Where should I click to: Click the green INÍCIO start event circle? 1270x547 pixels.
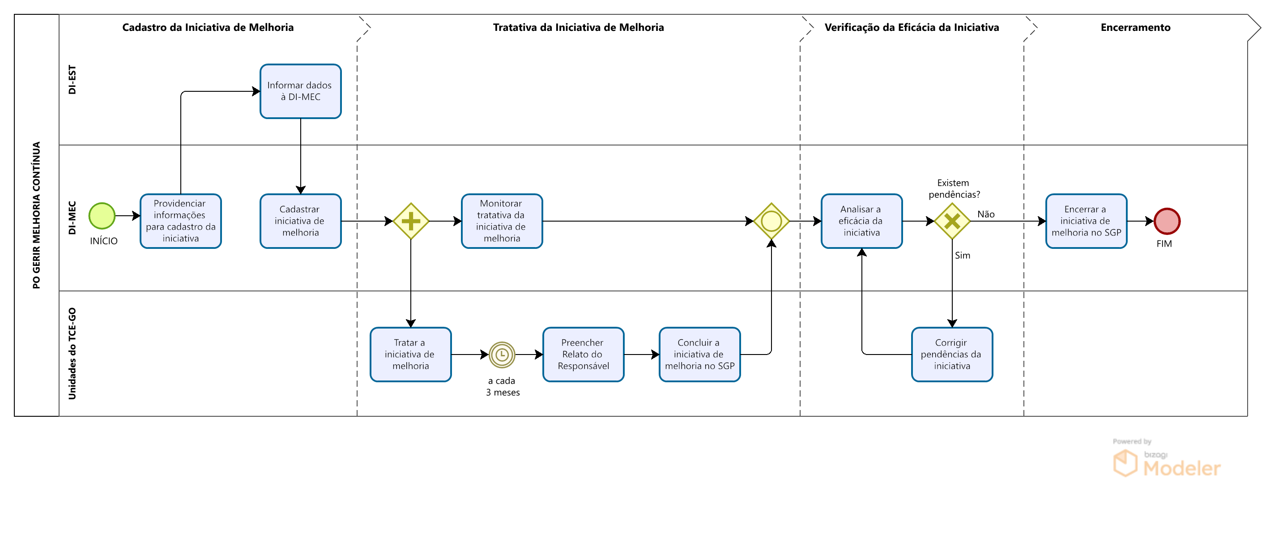tap(102, 216)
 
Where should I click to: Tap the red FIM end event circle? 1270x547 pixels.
tap(1167, 221)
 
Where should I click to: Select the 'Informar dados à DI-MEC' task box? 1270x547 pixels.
tap(301, 91)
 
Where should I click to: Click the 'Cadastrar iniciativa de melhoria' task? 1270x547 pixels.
tap(301, 221)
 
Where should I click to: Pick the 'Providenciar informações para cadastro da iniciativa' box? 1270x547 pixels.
tap(181, 221)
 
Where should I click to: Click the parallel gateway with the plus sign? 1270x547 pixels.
tap(411, 221)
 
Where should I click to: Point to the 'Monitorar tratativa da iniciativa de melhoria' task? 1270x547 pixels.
tap(502, 221)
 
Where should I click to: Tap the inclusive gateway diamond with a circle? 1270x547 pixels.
tap(771, 221)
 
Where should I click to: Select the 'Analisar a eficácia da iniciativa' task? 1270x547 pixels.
tap(862, 221)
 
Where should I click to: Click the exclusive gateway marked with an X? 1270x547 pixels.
tap(952, 221)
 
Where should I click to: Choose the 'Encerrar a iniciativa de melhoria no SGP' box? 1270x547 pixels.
tap(1087, 221)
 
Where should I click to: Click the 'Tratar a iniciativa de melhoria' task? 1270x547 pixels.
tap(411, 355)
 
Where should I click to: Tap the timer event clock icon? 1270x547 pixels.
tap(502, 355)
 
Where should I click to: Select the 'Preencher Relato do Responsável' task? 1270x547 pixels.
tap(584, 355)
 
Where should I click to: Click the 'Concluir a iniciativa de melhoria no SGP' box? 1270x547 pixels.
tap(700, 355)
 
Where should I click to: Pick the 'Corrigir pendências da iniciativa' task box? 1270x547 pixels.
tap(952, 355)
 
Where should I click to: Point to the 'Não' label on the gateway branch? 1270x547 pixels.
tap(986, 214)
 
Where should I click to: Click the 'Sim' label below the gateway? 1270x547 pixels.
tap(963, 256)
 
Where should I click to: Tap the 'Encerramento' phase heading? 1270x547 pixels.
tap(1135, 28)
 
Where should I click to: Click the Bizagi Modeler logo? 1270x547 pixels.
tap(1167, 459)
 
